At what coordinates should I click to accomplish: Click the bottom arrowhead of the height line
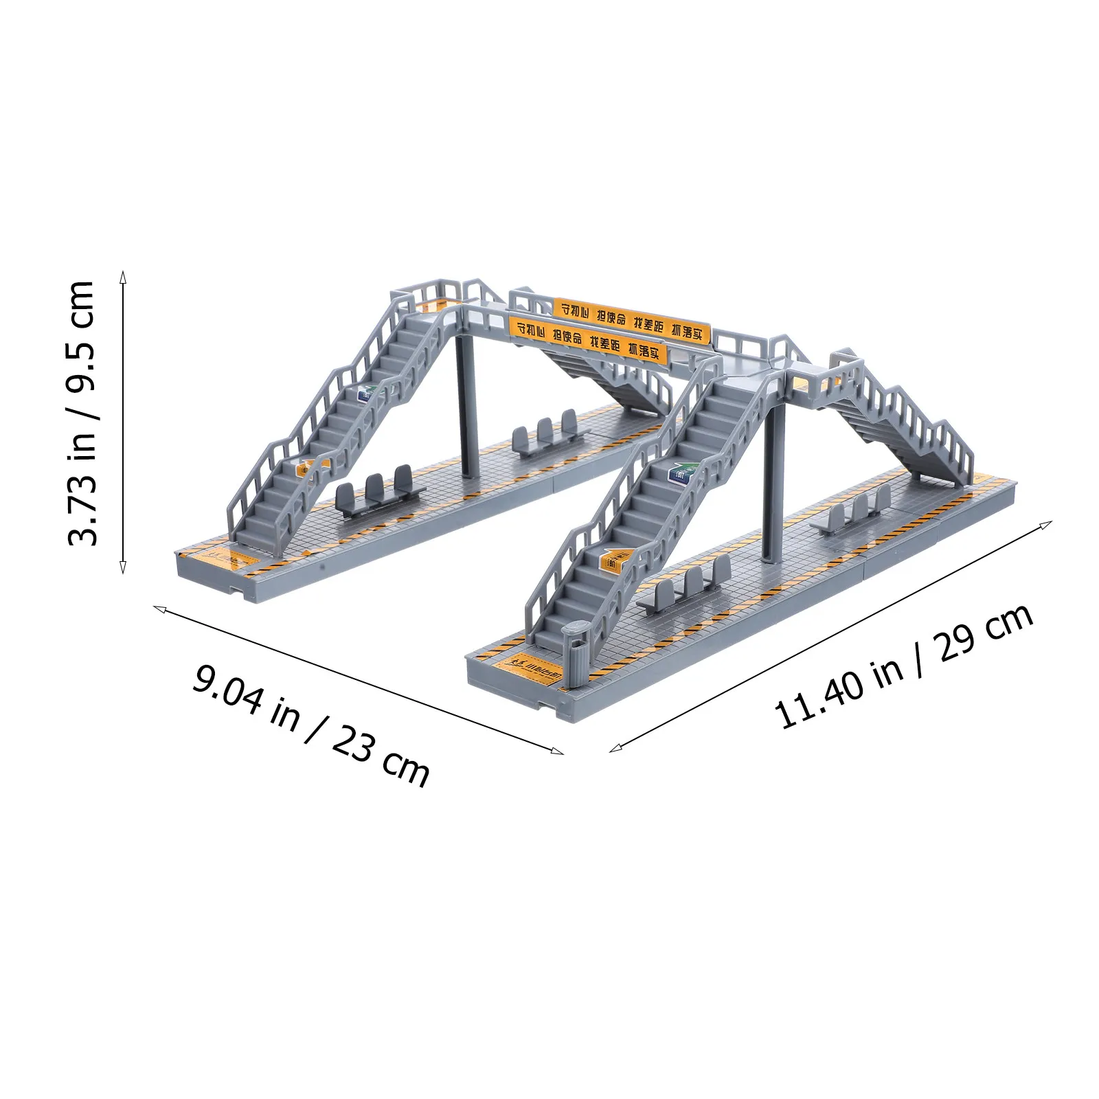(124, 569)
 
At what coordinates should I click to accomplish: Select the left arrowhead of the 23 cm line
(157, 608)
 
